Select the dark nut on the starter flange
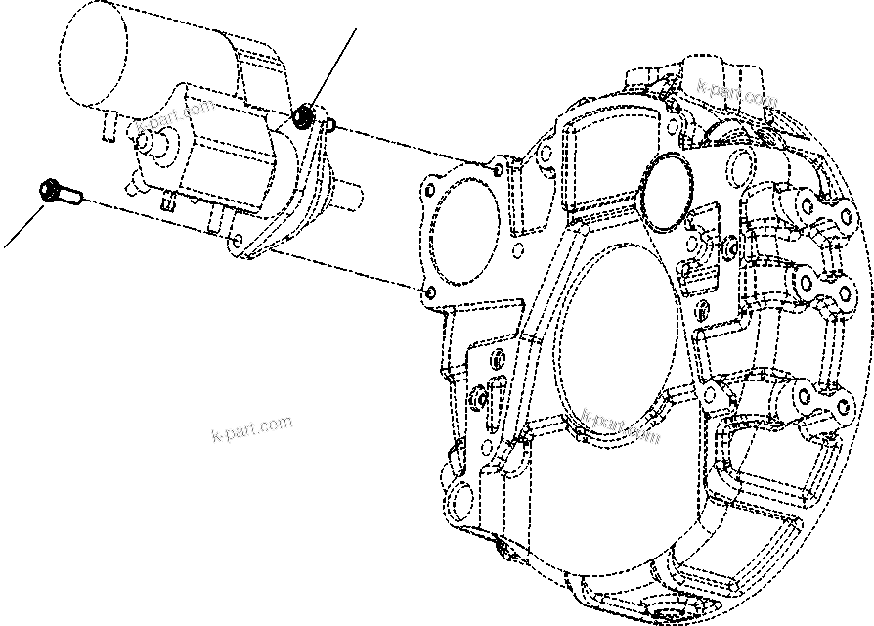tap(304, 118)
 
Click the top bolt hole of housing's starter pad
tap(501, 170)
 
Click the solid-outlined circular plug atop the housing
tap(669, 180)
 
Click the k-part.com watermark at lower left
tap(251, 429)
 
